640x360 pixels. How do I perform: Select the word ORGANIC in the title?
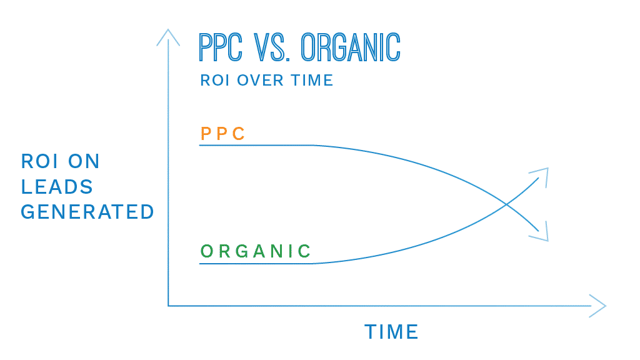[x=351, y=47]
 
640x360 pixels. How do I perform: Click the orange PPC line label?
[x=222, y=134]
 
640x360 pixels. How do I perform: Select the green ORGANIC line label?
[x=256, y=251]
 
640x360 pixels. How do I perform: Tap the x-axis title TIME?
[x=391, y=332]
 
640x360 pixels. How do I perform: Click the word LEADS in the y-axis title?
[x=57, y=186]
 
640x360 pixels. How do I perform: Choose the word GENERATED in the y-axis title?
[x=87, y=212]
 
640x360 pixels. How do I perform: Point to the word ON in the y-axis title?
[x=84, y=161]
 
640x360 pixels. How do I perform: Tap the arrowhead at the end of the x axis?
[x=598, y=306]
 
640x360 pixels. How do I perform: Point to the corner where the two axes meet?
[x=168, y=306]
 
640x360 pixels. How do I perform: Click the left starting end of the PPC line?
[x=200, y=145]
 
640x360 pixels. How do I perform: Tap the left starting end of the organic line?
[x=200, y=264]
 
